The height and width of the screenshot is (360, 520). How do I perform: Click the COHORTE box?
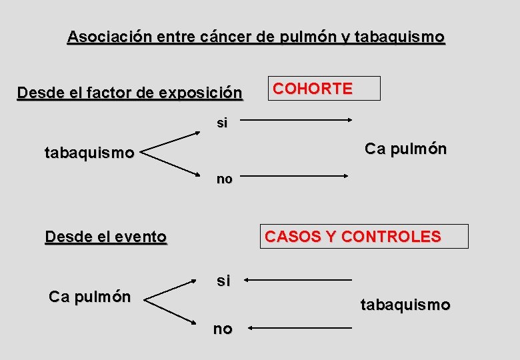(x=323, y=89)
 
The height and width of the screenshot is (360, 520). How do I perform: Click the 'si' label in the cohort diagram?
(x=222, y=123)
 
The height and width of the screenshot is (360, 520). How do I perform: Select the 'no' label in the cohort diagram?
(x=224, y=179)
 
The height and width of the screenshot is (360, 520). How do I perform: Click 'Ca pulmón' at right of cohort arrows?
(x=405, y=149)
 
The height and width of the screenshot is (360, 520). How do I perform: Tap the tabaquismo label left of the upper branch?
(x=89, y=153)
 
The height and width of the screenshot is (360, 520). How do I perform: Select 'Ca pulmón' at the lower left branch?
(x=89, y=297)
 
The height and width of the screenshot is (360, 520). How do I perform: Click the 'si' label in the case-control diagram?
(x=223, y=281)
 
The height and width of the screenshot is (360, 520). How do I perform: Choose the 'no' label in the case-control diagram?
(x=223, y=329)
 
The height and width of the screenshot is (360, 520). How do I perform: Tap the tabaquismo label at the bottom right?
(x=405, y=305)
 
